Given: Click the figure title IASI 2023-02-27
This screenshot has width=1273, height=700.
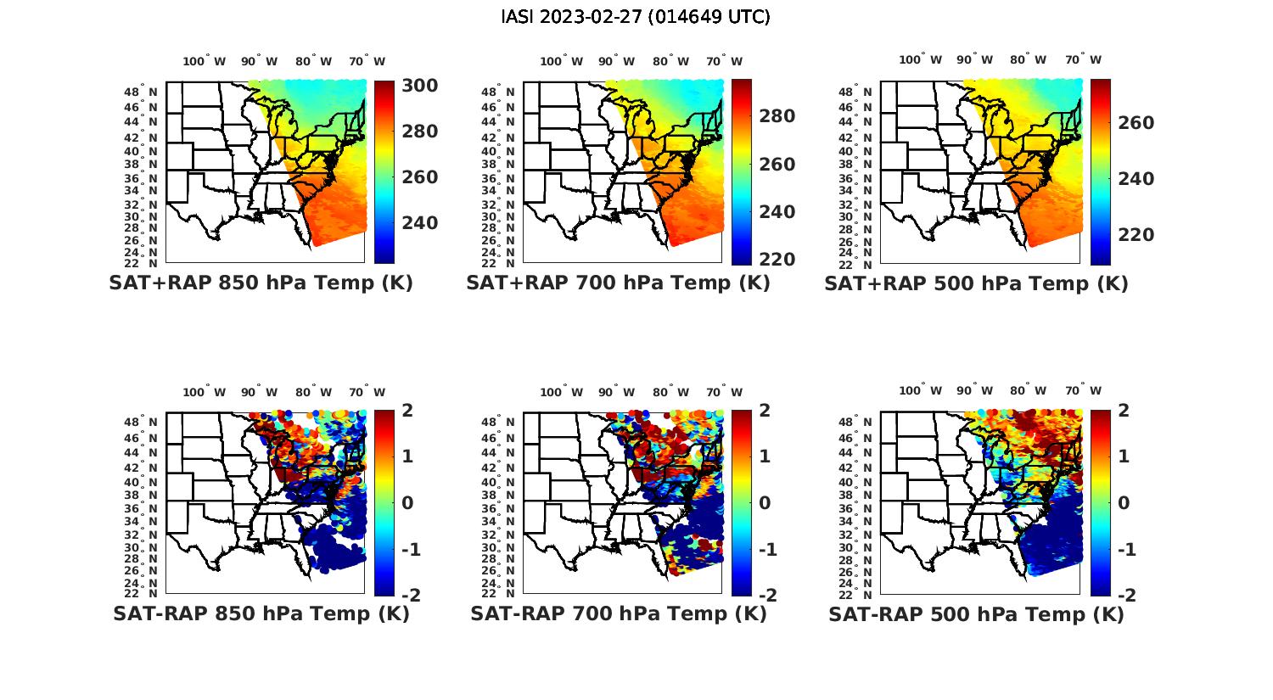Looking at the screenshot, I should coord(636,17).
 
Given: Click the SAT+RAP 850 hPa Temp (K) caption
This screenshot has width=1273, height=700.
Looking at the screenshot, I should coord(261,283).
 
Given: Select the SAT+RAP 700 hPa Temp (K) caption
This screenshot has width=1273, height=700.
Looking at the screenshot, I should coord(618,283).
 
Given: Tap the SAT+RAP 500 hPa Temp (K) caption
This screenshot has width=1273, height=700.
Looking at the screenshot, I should coord(976,283).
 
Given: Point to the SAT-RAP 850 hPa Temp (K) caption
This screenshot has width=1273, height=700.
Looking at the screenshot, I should coord(261,614).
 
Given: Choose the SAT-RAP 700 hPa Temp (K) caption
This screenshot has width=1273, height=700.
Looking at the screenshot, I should coord(618,614).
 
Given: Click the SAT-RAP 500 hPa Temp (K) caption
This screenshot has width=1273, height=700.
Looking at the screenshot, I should coord(976,614).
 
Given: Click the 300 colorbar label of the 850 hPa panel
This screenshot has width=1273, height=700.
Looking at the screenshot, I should coord(419,86).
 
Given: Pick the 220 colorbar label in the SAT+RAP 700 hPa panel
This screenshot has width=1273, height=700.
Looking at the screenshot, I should coord(777,260).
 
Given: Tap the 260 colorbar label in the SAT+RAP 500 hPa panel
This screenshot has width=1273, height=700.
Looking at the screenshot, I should coord(1136,123).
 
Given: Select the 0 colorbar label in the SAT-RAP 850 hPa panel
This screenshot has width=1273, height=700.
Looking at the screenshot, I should coord(407,502).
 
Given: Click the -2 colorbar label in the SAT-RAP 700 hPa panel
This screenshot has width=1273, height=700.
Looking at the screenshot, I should coord(765,595).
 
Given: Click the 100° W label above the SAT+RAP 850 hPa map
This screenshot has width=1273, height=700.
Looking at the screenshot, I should coord(204,61).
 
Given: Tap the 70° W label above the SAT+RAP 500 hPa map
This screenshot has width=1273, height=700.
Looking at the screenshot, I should coord(1083,59).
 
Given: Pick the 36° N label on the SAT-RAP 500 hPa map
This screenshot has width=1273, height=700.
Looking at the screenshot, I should coord(861,508).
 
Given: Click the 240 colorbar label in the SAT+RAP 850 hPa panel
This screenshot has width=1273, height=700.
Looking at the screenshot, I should coord(419,223).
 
